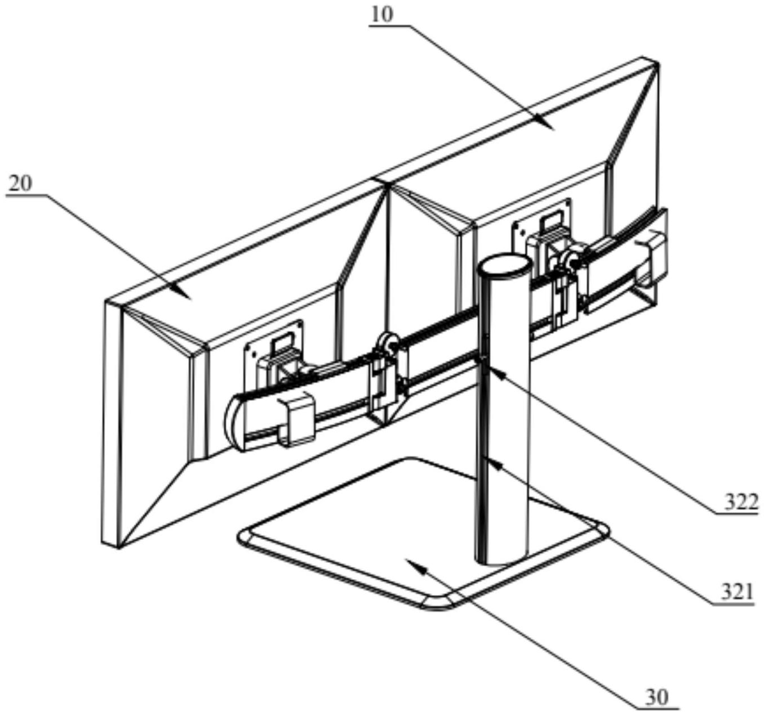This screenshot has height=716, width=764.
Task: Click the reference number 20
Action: pyautogui.click(x=20, y=184)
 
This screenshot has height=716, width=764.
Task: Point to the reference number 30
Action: pyautogui.click(x=657, y=697)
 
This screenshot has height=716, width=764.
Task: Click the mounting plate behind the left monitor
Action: pyautogui.click(x=273, y=349)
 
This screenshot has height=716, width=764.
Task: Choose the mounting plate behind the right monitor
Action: pyautogui.click(x=541, y=225)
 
